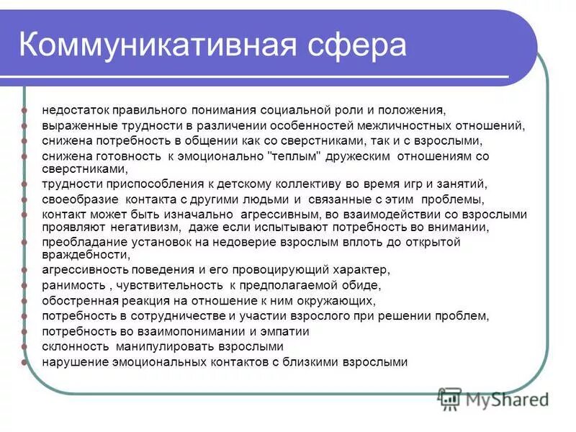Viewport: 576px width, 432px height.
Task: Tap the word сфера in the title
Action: tap(359, 45)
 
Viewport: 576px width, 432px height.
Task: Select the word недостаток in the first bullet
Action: tap(74, 111)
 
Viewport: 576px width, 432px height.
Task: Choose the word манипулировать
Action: tap(156, 347)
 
